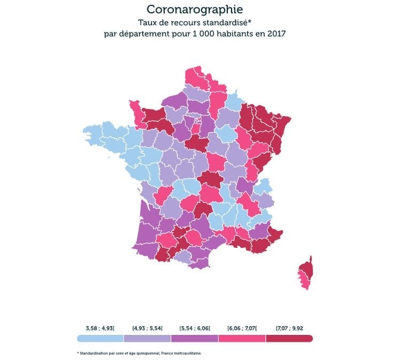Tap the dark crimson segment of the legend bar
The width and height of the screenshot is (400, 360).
point(289,338)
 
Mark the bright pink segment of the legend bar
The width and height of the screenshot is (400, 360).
point(242,338)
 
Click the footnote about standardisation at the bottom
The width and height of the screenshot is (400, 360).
point(140,353)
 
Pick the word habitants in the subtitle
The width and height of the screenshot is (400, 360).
point(239,34)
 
